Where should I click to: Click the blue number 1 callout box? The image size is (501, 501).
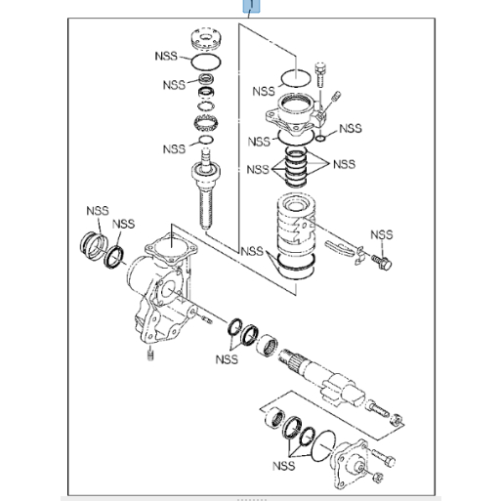251,6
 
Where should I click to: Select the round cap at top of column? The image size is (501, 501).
205,39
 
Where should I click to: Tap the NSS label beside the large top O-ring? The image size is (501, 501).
166,56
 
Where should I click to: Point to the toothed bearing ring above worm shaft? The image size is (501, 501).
205,124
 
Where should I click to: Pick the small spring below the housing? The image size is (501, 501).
150,354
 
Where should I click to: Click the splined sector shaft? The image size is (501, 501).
322,378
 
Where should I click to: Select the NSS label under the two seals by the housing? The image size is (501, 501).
227,359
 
